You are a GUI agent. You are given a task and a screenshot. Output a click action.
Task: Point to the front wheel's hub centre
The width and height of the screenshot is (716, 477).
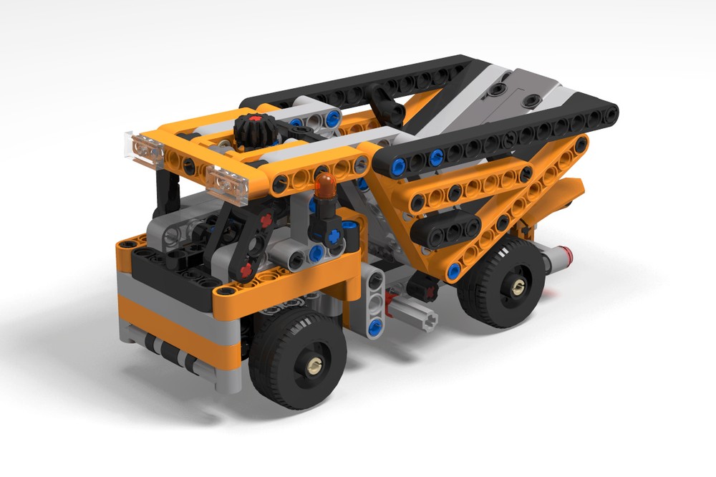point(313,367)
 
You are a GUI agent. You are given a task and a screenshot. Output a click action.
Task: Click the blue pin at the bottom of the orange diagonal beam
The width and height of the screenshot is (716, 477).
point(453,271)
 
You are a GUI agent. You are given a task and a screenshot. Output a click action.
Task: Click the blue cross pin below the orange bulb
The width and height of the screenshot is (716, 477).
point(333,235)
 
